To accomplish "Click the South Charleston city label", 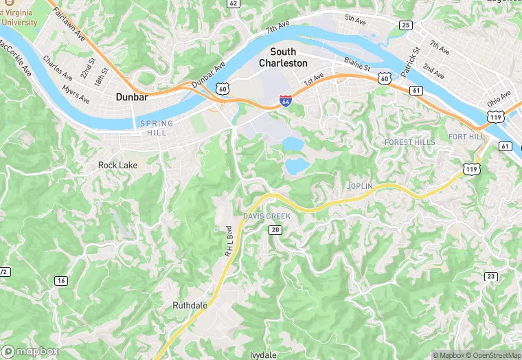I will click(283, 58).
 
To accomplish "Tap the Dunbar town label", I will click(132, 98).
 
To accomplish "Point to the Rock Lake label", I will click(117, 166).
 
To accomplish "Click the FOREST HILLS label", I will click(410, 142).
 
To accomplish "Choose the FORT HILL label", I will click(467, 137).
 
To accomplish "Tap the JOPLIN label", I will click(361, 186).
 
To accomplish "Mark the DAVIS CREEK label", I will click(266, 216).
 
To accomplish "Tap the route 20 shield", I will click(275, 229).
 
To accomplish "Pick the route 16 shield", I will click(61, 280).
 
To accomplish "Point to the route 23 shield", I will click(490, 276).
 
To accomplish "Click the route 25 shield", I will click(407, 25).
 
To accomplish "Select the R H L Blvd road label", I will click(227, 241).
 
